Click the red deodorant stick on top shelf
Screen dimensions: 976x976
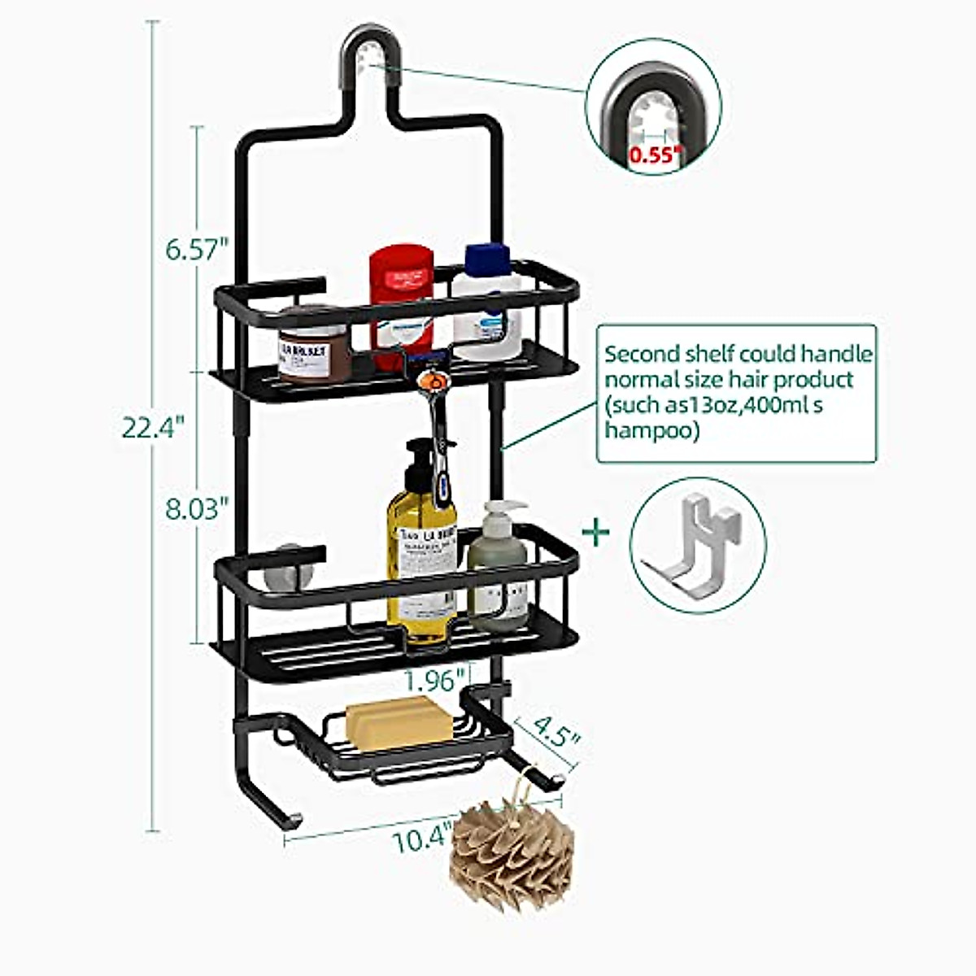(x=401, y=297)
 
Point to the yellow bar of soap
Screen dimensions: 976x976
(x=398, y=720)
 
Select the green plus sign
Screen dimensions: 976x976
(x=598, y=532)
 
